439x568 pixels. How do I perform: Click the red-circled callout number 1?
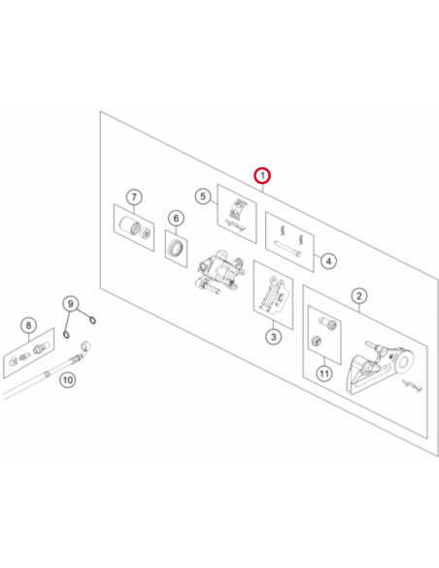pos(262,176)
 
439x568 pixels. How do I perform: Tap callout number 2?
pos(359,296)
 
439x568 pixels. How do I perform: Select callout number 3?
pos(273,337)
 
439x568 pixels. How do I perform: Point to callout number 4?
pos(328,261)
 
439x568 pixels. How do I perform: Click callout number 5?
pos(203,196)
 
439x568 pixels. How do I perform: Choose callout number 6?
pos(176,218)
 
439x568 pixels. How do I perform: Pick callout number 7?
pos(134,197)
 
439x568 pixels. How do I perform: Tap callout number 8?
pos(28,325)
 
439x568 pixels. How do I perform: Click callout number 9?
pos(71,303)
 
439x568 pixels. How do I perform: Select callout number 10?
pos(68,380)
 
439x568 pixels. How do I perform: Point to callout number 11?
pos(324,373)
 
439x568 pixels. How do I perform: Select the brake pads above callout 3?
pos(272,295)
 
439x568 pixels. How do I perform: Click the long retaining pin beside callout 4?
pos(287,249)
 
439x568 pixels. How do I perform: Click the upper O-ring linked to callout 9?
pos(93,320)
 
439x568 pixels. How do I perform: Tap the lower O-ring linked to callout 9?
pos(67,334)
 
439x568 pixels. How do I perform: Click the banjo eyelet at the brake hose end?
pos(86,344)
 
